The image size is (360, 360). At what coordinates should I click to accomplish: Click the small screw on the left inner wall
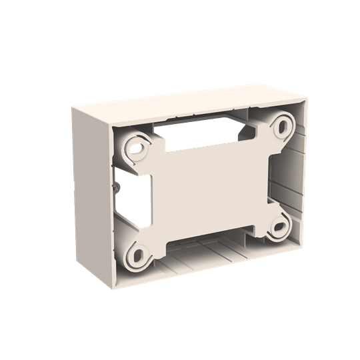pyautogui.click(x=117, y=189)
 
